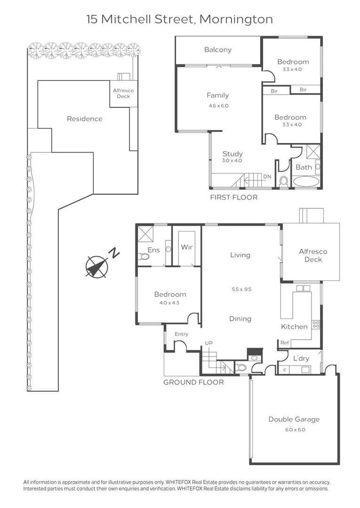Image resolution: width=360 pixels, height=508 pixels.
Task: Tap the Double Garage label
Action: (x=294, y=419)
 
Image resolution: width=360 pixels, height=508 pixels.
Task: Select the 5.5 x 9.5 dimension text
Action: (x=241, y=289)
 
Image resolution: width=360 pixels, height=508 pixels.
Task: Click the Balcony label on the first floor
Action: (x=218, y=49)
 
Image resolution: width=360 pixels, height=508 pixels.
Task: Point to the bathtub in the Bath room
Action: (x=305, y=181)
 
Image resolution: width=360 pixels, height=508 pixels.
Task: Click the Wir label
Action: (x=187, y=247)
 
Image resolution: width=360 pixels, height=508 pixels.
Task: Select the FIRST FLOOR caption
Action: (x=233, y=197)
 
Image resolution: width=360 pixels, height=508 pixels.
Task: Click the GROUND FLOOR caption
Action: (x=193, y=382)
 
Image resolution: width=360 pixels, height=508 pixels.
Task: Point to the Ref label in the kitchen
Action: (x=285, y=343)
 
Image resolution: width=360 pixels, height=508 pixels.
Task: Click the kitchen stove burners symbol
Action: (x=316, y=324)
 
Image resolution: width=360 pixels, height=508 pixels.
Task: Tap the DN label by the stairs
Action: (x=267, y=176)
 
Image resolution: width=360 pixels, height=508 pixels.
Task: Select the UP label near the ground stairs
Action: (x=208, y=343)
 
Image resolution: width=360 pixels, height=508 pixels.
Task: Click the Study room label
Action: (x=232, y=154)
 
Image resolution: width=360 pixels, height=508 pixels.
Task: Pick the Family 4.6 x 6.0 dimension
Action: (x=218, y=106)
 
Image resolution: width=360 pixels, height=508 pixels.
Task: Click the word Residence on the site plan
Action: (x=85, y=119)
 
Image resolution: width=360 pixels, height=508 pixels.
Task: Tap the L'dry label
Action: (x=301, y=358)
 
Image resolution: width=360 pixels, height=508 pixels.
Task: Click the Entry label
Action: (x=181, y=334)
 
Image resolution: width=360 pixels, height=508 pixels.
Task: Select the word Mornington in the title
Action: (x=236, y=19)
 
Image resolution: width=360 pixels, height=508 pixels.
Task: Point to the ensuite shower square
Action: (x=145, y=233)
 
